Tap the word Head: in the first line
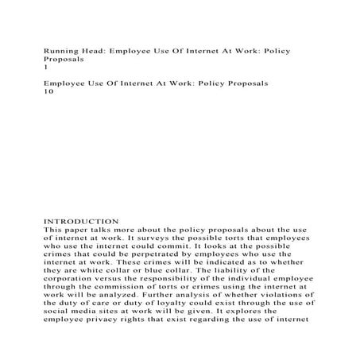point(100,51)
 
